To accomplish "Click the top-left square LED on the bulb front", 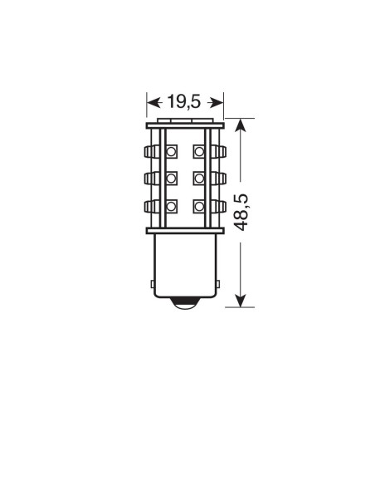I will pos(172,152).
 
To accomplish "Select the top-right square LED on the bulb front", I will pos(200,152).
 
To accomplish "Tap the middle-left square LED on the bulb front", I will pos(172,179).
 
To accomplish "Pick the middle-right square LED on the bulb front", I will pos(200,179).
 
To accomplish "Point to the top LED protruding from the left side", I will pos(152,152).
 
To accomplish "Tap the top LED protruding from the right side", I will pos(218,152).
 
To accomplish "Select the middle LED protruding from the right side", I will pos(218,179).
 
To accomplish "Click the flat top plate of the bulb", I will pos(185,126).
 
